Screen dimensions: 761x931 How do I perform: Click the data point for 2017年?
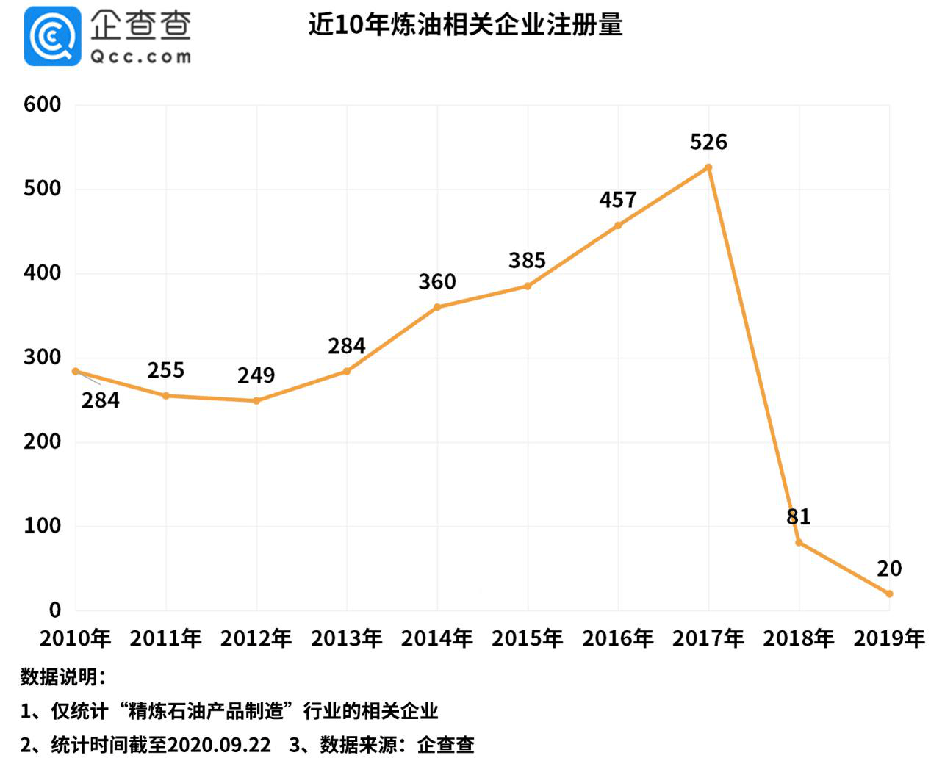pos(708,167)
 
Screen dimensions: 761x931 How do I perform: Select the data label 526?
pos(708,142)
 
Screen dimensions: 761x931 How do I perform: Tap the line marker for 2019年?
pos(889,594)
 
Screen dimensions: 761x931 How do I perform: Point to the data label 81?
pos(798,516)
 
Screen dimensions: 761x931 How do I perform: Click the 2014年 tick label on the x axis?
pos(436,638)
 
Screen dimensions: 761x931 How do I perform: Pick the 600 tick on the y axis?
pos(42,104)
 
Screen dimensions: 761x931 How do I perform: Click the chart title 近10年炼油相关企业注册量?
pos(465,25)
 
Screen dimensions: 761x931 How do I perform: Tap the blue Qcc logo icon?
pos(52,36)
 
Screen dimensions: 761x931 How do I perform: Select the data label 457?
pos(617,200)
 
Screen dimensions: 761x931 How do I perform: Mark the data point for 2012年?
pos(256,401)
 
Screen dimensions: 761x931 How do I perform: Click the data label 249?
pos(256,375)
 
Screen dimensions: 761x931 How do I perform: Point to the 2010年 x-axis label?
pos(75,638)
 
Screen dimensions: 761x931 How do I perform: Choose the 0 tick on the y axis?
pos(54,610)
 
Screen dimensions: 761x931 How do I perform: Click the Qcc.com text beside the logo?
pos(140,57)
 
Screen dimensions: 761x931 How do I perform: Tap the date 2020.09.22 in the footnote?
pos(218,745)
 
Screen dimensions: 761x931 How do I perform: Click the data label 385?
pos(527,261)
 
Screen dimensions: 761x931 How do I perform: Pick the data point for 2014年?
pos(437,307)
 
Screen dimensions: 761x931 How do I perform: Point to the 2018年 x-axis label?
pos(798,638)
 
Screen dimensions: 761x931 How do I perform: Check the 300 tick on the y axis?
pos(42,357)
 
